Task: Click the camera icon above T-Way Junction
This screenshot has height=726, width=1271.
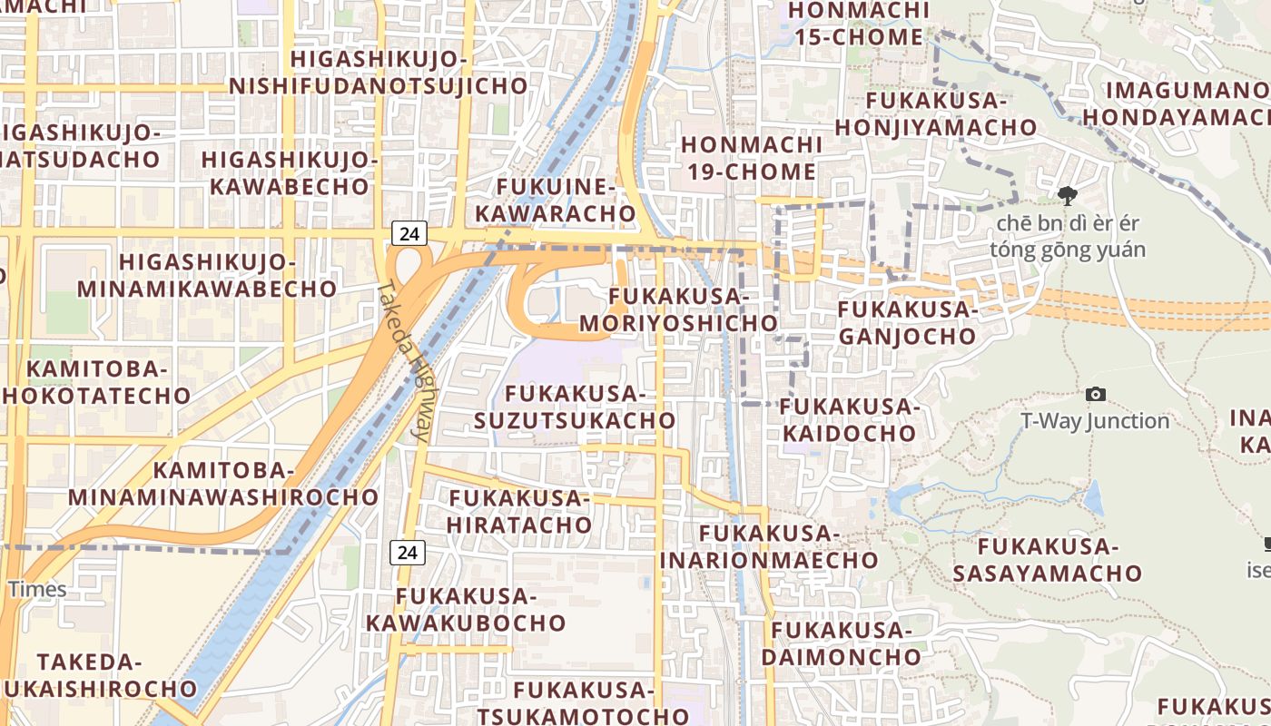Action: pos(1096,394)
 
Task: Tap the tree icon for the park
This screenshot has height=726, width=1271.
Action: pos(1068,194)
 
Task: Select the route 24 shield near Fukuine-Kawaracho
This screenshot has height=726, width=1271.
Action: pos(409,233)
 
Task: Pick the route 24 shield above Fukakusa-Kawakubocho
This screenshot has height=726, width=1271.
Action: pos(409,551)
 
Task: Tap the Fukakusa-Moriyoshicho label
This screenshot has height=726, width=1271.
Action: pos(678,309)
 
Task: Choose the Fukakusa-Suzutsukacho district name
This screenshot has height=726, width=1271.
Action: pos(575,407)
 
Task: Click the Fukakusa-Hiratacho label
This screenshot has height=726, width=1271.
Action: pos(519,511)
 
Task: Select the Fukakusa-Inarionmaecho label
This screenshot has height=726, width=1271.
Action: pos(769,546)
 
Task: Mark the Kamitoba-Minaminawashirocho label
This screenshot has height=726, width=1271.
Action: pos(223,484)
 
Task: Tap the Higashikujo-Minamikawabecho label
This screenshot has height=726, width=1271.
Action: pos(207,276)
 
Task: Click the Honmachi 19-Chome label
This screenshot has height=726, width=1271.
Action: pos(749,158)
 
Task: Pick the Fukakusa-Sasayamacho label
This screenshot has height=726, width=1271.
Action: pos(1047,560)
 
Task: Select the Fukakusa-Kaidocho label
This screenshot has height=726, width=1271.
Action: pos(849,419)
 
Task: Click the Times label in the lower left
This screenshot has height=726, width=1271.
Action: pos(37,589)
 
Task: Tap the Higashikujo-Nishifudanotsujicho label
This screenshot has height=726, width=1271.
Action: pos(378,73)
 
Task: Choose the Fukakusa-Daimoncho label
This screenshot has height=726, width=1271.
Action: pos(841,643)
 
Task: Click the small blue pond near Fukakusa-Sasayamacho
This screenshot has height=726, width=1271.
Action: pos(1093,498)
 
